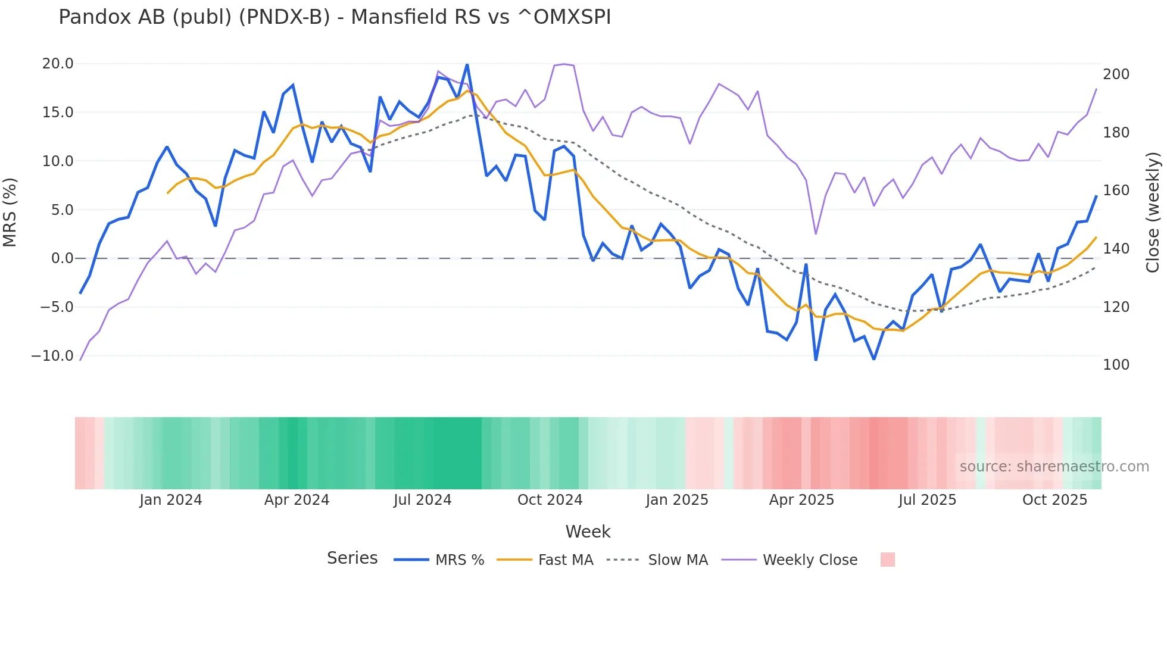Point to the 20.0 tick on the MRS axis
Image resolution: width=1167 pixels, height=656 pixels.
pyautogui.click(x=58, y=64)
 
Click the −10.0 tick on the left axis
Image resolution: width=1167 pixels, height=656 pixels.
pyautogui.click(x=52, y=356)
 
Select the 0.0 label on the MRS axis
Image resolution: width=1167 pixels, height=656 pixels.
pyautogui.click(x=62, y=258)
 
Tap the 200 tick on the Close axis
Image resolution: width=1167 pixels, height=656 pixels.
pyautogui.click(x=1116, y=74)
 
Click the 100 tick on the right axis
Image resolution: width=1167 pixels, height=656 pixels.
pyautogui.click(x=1116, y=365)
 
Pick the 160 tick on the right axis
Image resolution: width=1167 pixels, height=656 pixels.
pyautogui.click(x=1116, y=190)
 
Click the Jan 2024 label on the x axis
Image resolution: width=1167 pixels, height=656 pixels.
pyautogui.click(x=171, y=500)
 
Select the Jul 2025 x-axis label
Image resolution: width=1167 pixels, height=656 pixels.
pyautogui.click(x=927, y=500)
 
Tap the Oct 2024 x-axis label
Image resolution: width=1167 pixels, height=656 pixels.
pyautogui.click(x=550, y=500)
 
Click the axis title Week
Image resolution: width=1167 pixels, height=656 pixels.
pyautogui.click(x=588, y=532)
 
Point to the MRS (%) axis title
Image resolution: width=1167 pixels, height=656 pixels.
pyautogui.click(x=10, y=213)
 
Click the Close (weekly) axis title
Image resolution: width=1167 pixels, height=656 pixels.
pyautogui.click(x=1153, y=213)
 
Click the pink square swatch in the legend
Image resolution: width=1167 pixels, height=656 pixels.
pyautogui.click(x=887, y=560)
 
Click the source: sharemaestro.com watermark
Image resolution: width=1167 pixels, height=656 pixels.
pyautogui.click(x=1054, y=467)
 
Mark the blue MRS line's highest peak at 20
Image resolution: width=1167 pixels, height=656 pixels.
pyautogui.click(x=467, y=64)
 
